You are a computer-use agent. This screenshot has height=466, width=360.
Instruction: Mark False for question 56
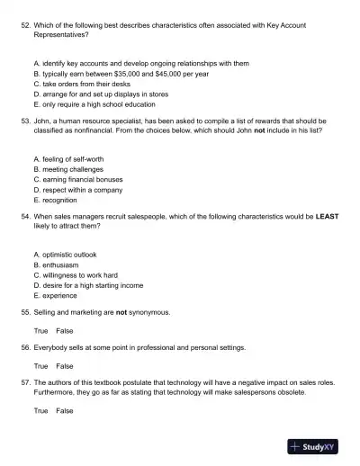click(65, 366)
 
